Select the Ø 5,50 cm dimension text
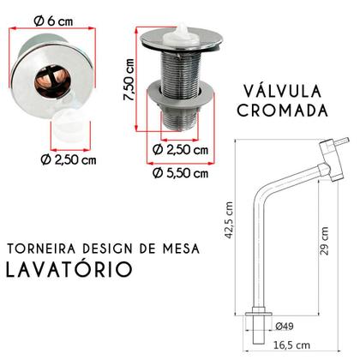coord(180,174)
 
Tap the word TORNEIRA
coord(41,249)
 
